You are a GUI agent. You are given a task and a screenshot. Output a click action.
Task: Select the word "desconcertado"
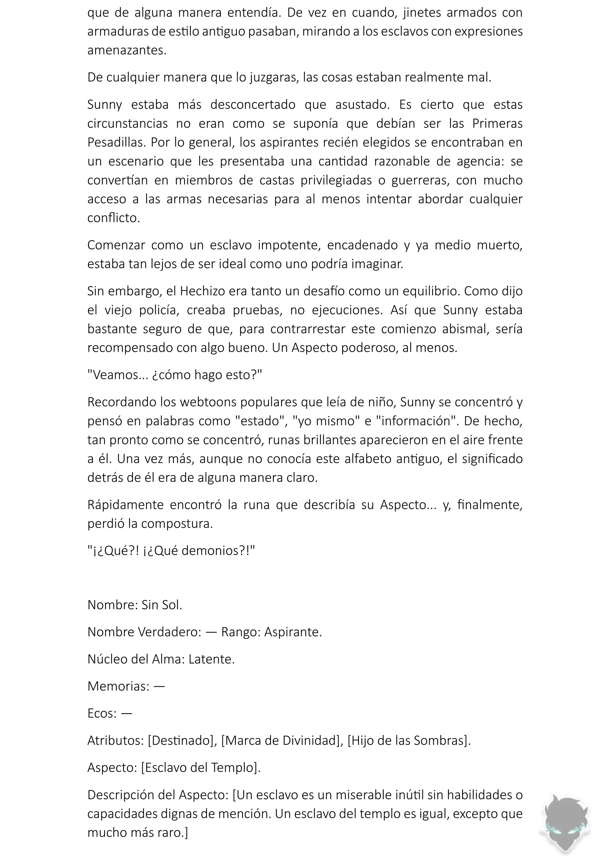point(253,104)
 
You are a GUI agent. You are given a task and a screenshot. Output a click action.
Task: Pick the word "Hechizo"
point(203,291)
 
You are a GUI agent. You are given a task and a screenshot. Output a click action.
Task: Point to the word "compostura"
point(177,524)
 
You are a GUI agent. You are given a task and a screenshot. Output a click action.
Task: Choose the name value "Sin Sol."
point(162,605)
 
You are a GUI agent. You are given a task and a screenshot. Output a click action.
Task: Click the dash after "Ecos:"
point(127,713)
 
